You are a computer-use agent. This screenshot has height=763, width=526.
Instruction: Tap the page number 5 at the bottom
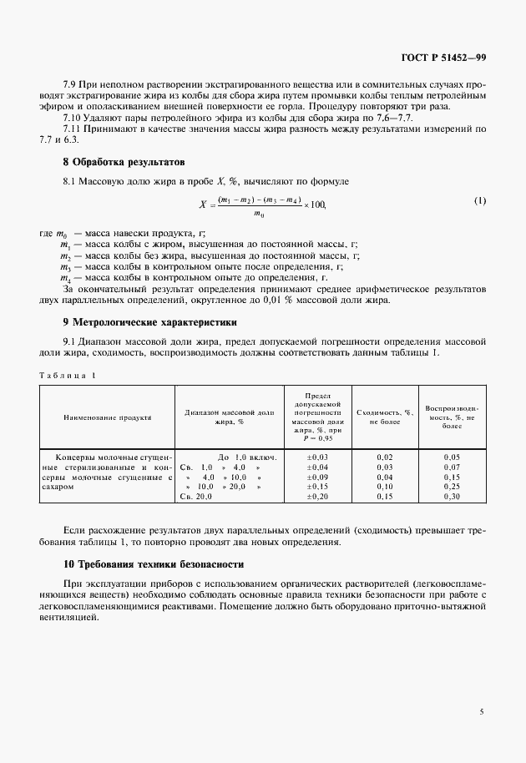coord(482,711)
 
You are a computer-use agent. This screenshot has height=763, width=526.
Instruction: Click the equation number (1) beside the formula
coord(479,201)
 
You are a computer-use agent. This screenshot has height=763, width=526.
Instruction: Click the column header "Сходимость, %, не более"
coord(385,417)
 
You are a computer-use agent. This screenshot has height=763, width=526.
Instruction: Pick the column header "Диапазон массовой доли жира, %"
coord(229,417)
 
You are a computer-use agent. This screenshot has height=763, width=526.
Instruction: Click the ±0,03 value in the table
coord(318,457)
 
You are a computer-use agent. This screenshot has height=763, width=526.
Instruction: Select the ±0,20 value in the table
coord(318,497)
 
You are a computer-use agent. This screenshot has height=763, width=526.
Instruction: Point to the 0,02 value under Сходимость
coord(385,457)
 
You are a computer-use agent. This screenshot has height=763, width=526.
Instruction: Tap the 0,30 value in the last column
coord(452,497)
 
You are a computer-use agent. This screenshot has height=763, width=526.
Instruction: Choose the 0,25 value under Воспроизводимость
coord(452,487)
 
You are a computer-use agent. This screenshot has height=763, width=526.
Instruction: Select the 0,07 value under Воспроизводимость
coord(452,467)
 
